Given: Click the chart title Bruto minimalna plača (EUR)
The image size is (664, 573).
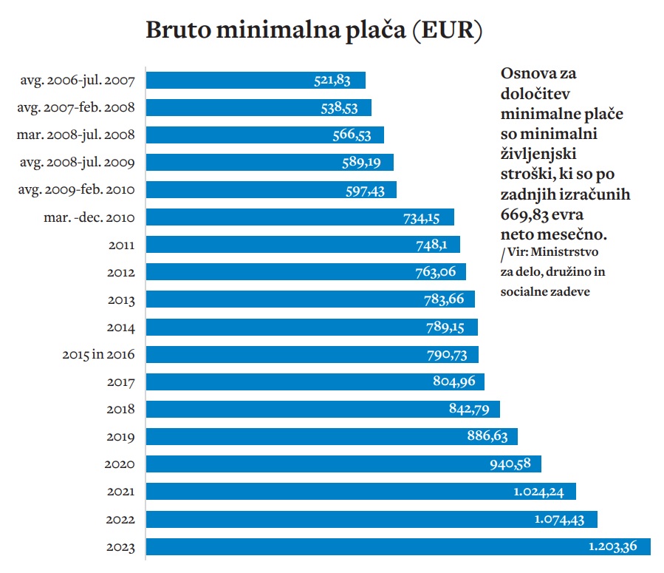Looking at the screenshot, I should [315, 30].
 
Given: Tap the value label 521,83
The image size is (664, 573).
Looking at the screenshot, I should [332, 81].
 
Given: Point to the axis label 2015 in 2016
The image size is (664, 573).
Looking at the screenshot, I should [98, 355].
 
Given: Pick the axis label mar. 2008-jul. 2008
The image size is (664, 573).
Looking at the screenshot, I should [75, 135].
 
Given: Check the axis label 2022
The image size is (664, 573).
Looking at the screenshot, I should [120, 520].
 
